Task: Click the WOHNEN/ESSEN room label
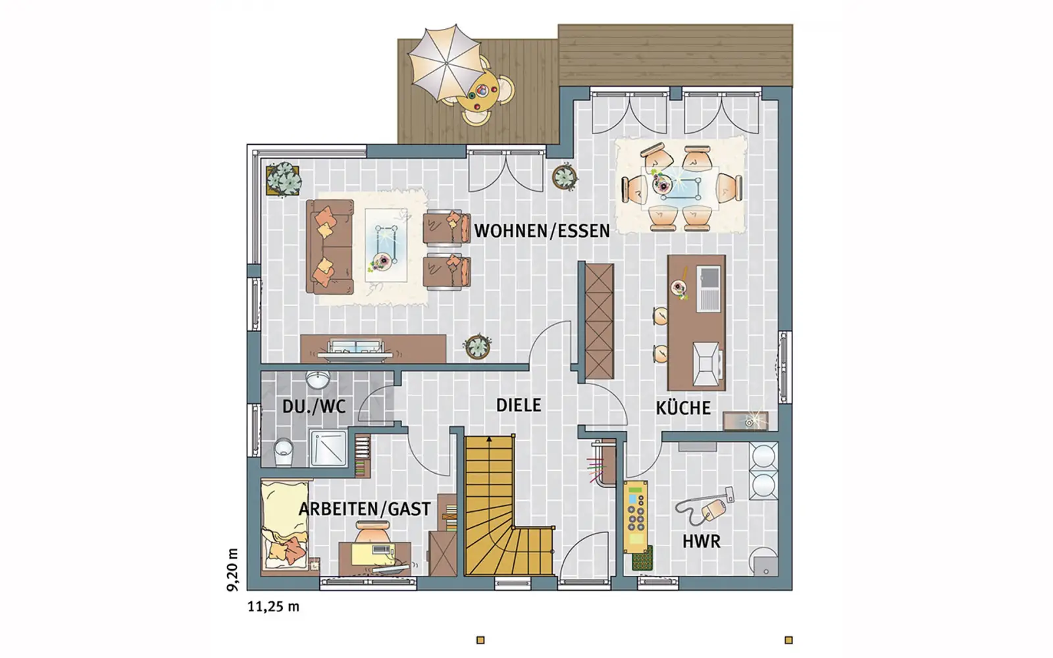pos(542,231)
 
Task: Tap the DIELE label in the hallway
pos(519,405)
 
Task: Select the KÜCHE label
pos(683,407)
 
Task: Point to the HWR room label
pos(702,542)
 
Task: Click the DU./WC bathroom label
pos(314,407)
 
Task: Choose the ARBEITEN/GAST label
pos(365,509)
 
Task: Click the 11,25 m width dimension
pos(273,607)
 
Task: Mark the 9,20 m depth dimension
pos(233,569)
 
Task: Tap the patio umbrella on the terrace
pos(444,63)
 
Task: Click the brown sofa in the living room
pos(330,247)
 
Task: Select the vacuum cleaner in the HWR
pos(705,506)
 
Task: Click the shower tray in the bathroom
pos(328,448)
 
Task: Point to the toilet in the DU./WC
pos(284,451)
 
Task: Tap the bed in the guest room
pos(285,526)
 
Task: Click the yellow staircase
pos(503,505)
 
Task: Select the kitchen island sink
pos(709,289)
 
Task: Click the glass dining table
pos(681,188)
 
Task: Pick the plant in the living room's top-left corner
pos(284,179)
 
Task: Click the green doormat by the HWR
pos(642,558)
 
